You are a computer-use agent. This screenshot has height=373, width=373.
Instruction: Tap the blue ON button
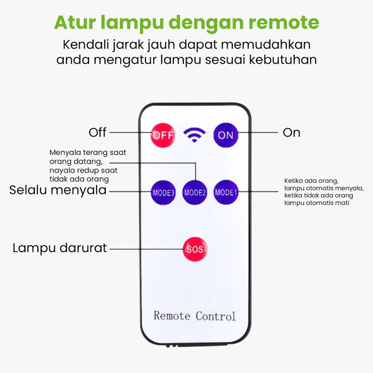click(x=226, y=135)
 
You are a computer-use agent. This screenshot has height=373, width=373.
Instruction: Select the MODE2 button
click(x=195, y=192)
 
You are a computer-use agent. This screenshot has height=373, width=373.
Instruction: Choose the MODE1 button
click(x=226, y=192)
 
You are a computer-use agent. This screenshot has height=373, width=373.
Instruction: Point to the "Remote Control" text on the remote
click(x=195, y=316)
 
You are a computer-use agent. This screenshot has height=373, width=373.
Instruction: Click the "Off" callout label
click(x=97, y=133)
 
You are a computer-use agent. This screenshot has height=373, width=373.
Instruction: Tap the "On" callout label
click(x=291, y=133)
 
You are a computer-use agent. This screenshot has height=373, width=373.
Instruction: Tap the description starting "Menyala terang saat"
click(x=88, y=166)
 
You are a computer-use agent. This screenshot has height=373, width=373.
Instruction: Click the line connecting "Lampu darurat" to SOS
click(x=145, y=249)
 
